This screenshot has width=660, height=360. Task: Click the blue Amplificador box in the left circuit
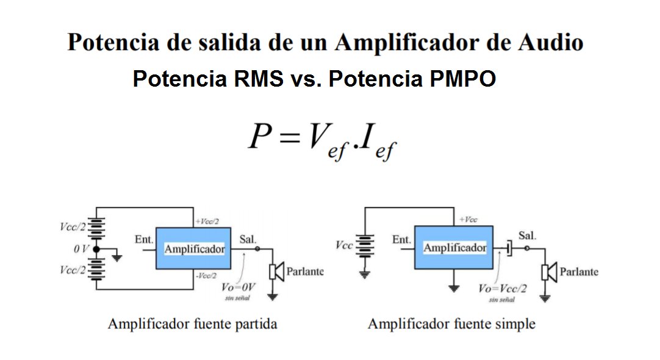[193, 248]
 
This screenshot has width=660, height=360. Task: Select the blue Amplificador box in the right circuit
[454, 247]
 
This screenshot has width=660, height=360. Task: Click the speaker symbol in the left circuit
[277, 272]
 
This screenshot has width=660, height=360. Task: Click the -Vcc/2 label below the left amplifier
[207, 275]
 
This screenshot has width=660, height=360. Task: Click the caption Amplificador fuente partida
[192, 323]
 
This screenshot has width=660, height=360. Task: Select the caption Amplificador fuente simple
[451, 323]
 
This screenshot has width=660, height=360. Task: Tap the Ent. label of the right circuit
[401, 240]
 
